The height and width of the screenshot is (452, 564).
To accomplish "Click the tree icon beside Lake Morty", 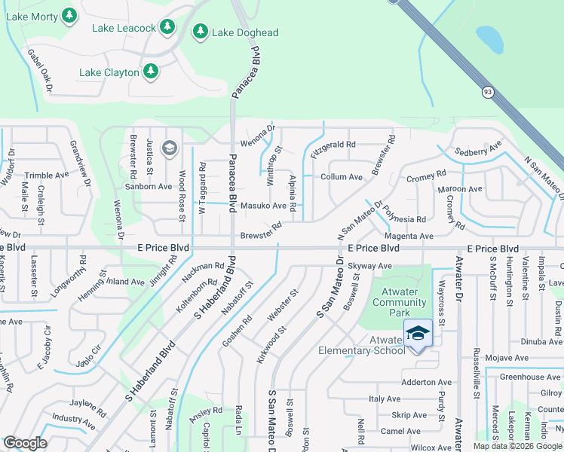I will tap(69, 14).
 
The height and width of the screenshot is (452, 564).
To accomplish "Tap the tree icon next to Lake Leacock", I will tap(167, 27).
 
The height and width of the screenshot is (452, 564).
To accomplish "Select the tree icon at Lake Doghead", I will tap(201, 32).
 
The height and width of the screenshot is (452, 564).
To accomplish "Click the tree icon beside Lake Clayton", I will tap(151, 72).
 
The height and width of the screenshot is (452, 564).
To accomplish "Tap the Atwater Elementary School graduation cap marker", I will tap(418, 332).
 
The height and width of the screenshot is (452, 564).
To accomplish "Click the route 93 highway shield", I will tap(488, 92).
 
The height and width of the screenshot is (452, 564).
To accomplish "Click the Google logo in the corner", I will tap(26, 443).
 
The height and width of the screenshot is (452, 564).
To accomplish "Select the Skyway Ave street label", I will tap(369, 266).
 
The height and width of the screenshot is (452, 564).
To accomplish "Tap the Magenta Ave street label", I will tap(409, 236).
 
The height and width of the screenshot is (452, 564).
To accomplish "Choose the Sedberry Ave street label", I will tap(479, 150).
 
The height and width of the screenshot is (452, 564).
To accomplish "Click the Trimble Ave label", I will tap(46, 175).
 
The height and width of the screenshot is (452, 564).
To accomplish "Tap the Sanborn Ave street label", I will tap(149, 186).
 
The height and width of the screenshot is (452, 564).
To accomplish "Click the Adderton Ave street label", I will tap(426, 382).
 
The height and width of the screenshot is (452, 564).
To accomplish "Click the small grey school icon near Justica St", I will tap(169, 147).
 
